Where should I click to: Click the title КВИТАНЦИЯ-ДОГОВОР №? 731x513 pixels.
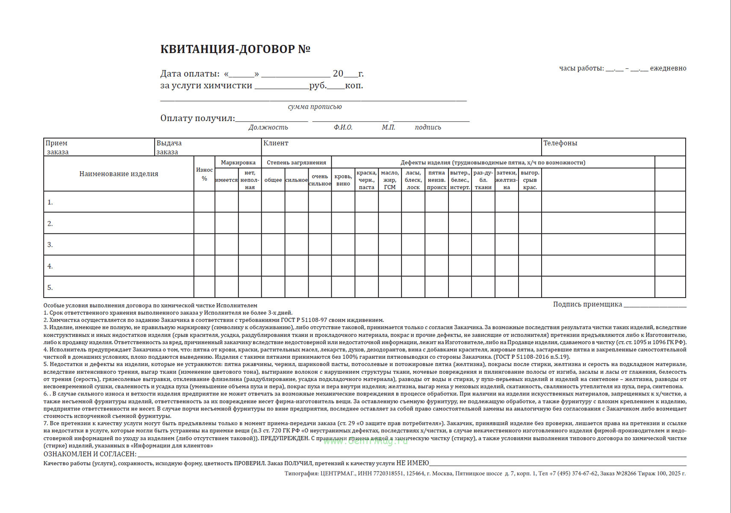[235, 49]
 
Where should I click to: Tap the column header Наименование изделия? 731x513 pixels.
[118, 174]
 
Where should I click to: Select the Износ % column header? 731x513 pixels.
[204, 174]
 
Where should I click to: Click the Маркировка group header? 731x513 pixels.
[238, 162]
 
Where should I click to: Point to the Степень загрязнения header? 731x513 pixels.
[296, 162]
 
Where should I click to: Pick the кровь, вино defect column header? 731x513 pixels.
[343, 180]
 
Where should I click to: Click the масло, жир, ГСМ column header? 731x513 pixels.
[390, 180]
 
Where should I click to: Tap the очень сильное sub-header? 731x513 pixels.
[320, 180]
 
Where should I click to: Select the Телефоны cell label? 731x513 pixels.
[560, 143]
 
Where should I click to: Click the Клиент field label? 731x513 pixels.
[276, 143]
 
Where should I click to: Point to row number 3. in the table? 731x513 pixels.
[50, 245]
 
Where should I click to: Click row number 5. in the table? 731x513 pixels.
[50, 288]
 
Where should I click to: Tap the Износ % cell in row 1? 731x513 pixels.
[204, 202]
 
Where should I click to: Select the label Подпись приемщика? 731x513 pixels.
[587, 304]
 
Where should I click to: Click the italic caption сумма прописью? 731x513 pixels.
[315, 107]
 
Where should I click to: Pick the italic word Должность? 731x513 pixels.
[268, 127]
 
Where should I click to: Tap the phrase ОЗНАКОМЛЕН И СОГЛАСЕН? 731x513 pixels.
[90, 454]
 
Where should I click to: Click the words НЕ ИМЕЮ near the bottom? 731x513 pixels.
[413, 463]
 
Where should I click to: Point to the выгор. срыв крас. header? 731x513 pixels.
[530, 180]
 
